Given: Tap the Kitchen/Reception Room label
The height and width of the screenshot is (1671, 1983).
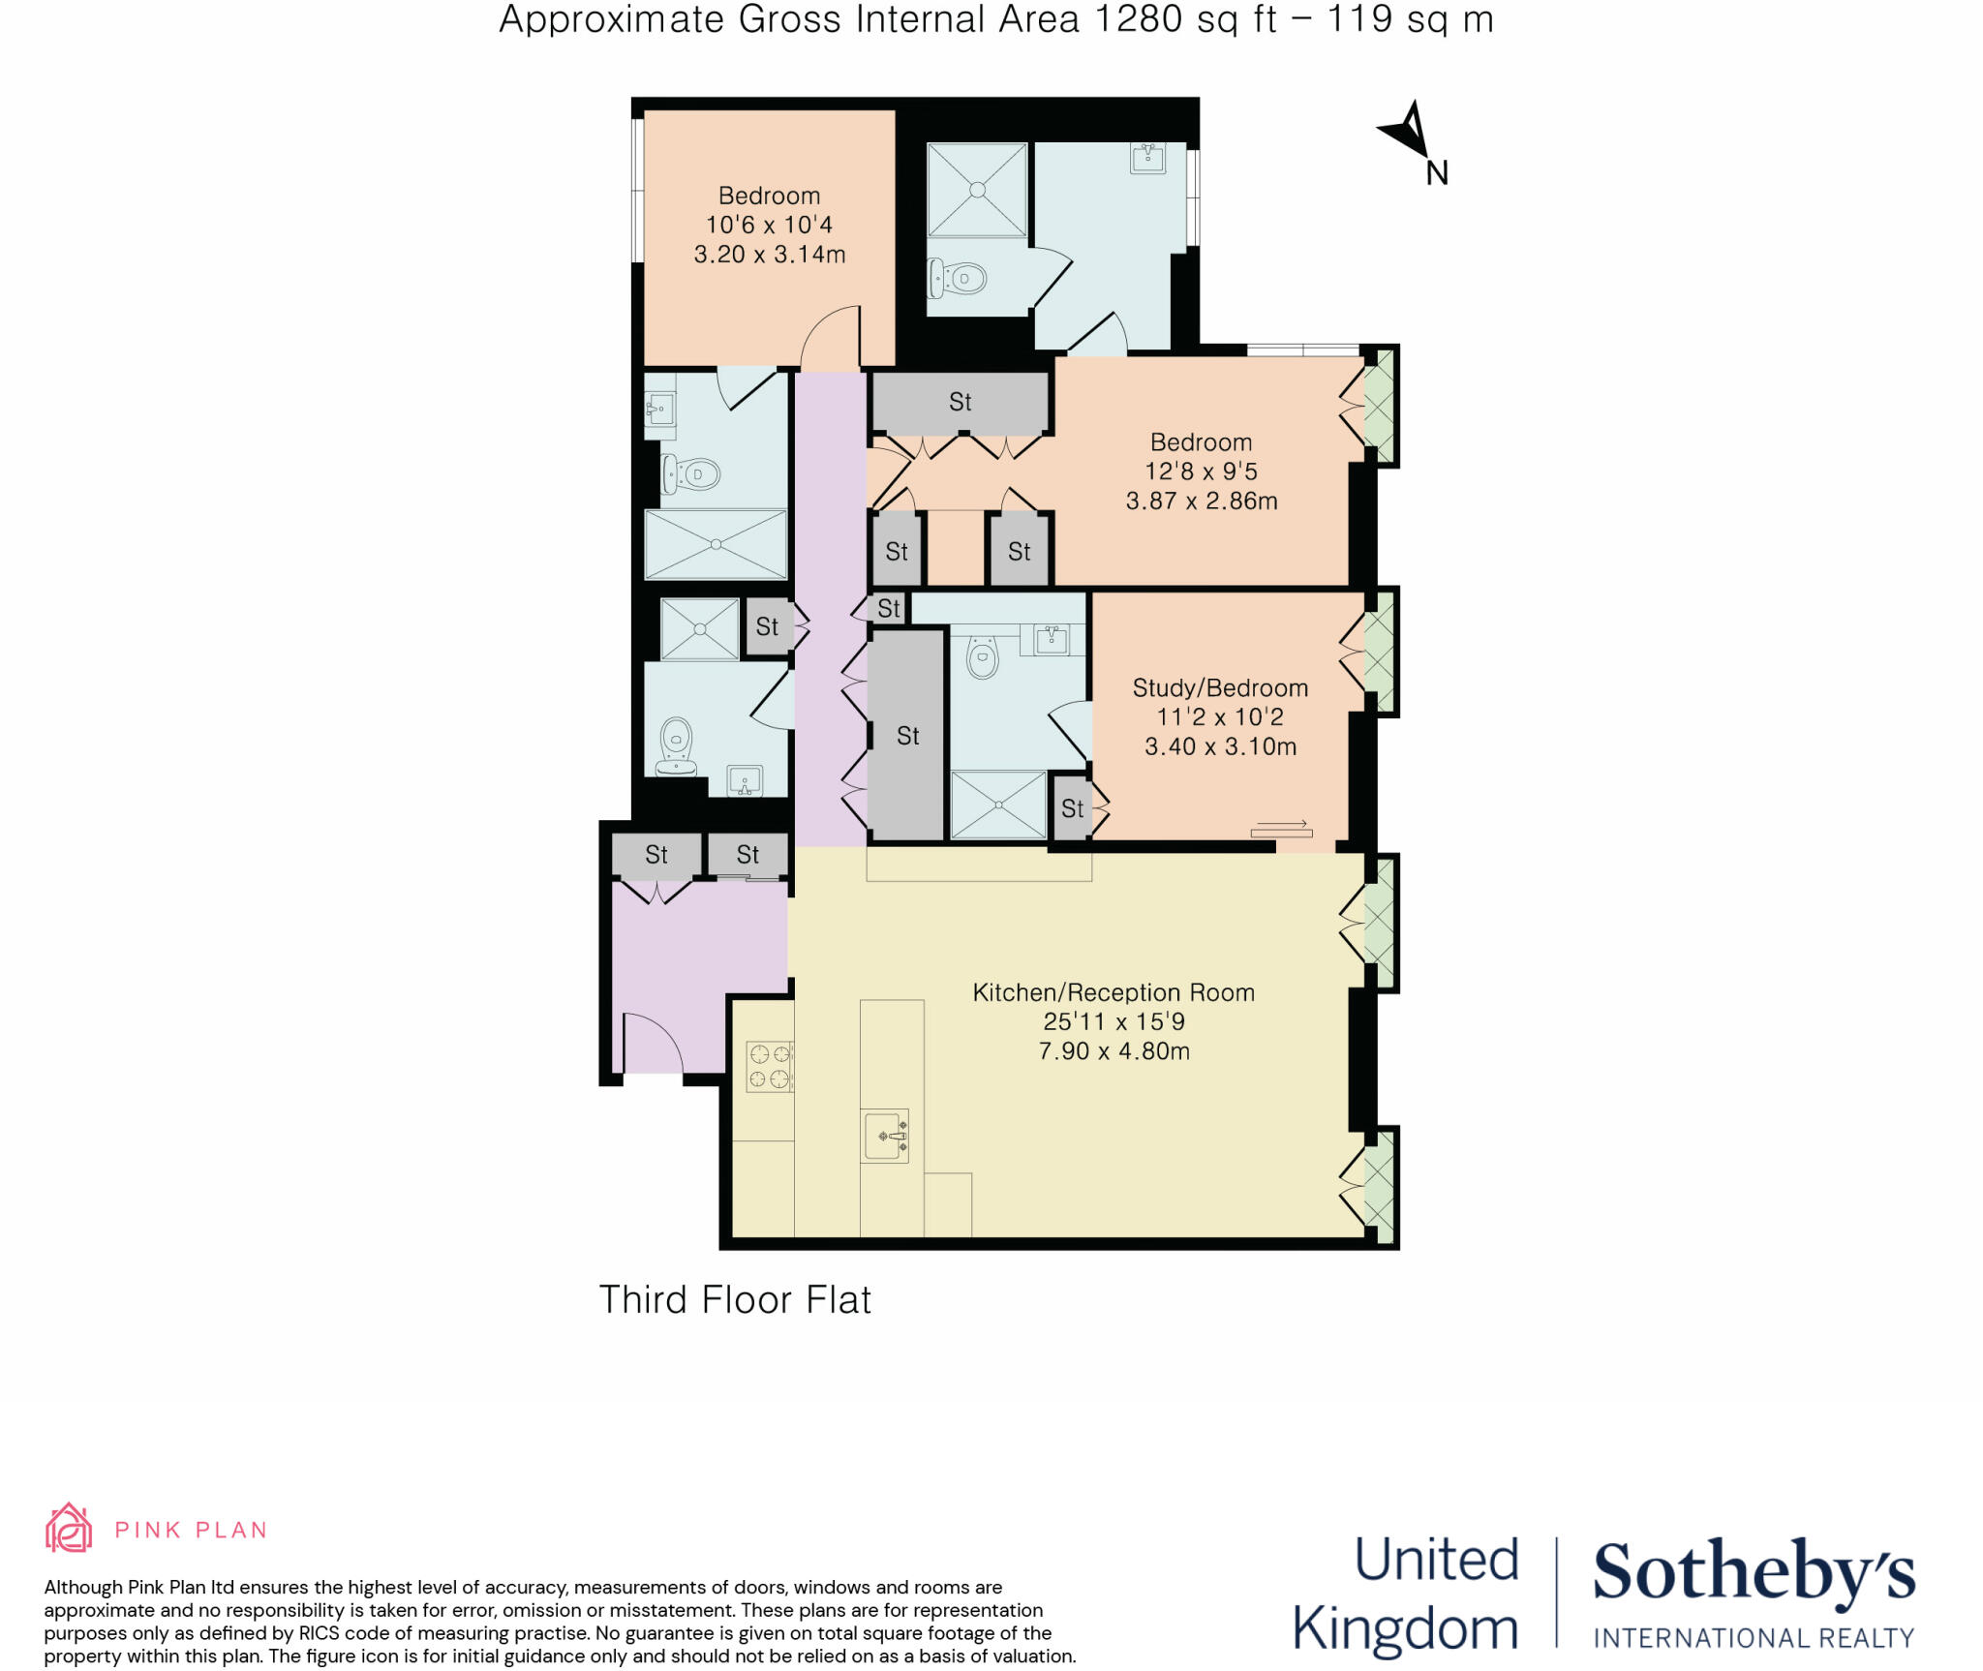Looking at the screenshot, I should click(x=1114, y=992).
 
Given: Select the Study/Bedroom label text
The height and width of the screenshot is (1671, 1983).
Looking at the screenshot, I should click(x=1220, y=688).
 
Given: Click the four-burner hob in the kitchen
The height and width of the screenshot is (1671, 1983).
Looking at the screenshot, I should click(x=770, y=1066).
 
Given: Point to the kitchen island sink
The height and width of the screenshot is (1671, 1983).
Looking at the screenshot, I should click(x=884, y=1136).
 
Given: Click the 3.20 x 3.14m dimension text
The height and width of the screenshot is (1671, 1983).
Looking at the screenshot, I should click(x=770, y=255).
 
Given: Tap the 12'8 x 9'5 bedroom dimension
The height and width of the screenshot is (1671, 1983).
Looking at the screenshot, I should click(x=1201, y=471).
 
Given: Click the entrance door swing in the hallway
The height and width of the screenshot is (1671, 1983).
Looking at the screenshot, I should click(x=651, y=1043).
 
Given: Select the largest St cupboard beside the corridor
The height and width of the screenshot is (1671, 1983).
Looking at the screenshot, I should click(x=907, y=736).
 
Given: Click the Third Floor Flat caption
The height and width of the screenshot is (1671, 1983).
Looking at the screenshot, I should click(x=735, y=1300).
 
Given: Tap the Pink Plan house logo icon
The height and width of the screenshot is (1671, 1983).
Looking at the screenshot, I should click(x=69, y=1528).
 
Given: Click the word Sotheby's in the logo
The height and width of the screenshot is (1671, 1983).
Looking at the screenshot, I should click(x=1754, y=1572).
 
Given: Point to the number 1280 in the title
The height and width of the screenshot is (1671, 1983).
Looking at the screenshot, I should click(x=1138, y=19).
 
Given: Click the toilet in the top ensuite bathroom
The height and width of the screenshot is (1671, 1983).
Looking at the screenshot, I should click(x=959, y=279).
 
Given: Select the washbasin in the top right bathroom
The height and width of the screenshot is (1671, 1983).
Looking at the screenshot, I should click(x=1148, y=158).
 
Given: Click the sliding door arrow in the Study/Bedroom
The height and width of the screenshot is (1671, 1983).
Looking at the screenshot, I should click(x=1282, y=826).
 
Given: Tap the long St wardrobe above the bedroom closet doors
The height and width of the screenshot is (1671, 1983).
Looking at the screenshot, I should click(x=960, y=402).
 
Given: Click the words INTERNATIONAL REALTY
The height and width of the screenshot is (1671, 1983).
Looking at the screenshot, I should click(x=1754, y=1638).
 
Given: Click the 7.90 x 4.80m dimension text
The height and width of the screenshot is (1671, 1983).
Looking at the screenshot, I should click(x=1114, y=1051).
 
